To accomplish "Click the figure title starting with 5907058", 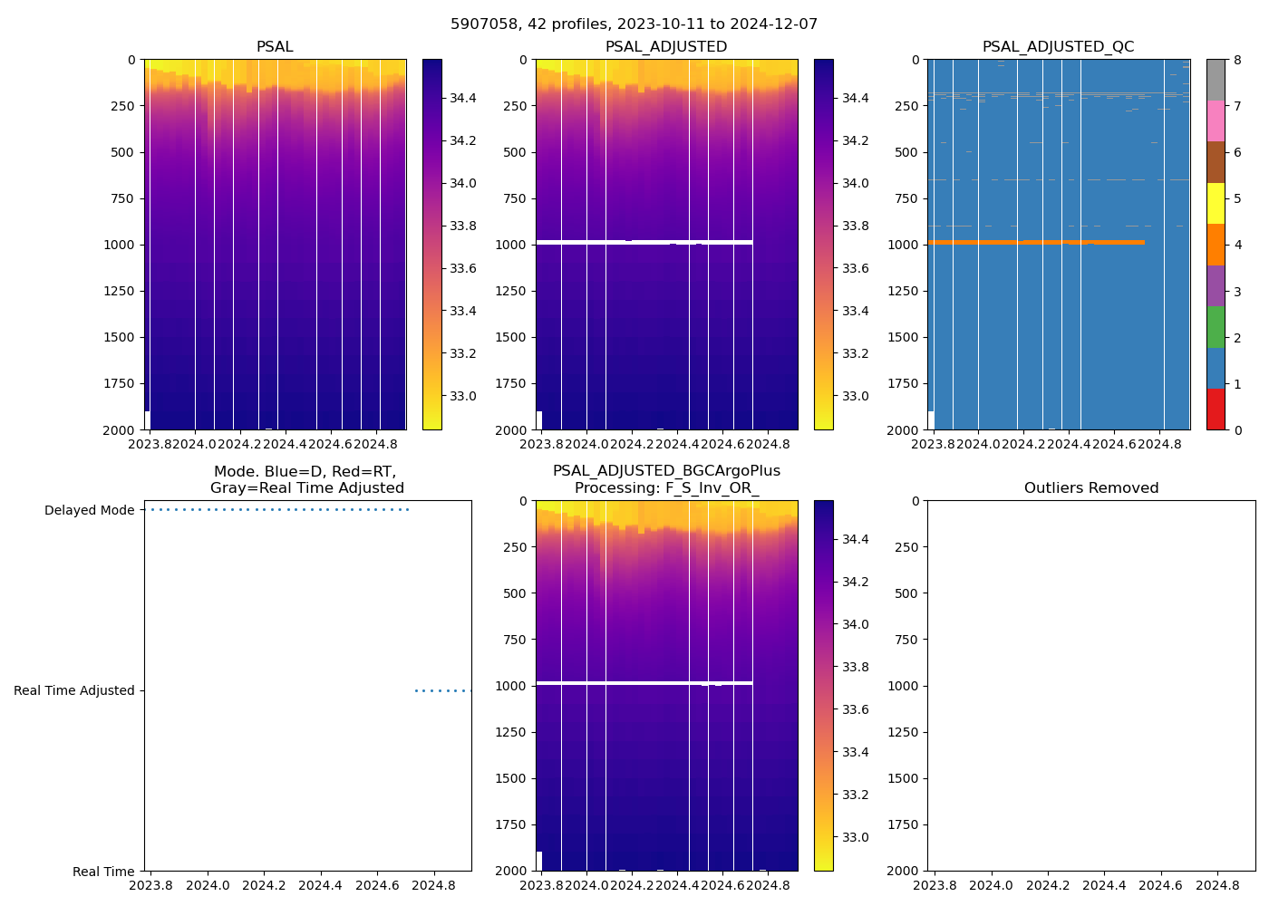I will tap(634, 24).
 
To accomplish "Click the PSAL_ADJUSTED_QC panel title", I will tap(1058, 47).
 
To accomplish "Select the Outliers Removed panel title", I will tap(1091, 488).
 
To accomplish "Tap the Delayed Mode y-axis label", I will tap(89, 510).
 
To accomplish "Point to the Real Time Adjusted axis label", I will tap(73, 690).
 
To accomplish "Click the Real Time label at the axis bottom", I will tap(103, 872).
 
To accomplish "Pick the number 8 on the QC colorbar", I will tap(1238, 60).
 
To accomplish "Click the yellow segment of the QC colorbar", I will tap(1216, 204).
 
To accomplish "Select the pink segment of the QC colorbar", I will tap(1216, 120).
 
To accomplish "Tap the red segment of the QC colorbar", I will tap(1216, 410).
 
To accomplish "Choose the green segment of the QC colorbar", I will tap(1216, 327).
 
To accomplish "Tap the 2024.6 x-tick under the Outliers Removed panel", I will tap(1161, 885).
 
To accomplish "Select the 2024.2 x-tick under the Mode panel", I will tap(265, 885).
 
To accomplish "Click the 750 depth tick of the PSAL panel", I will tap(122, 198).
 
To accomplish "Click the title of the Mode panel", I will tap(306, 479).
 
